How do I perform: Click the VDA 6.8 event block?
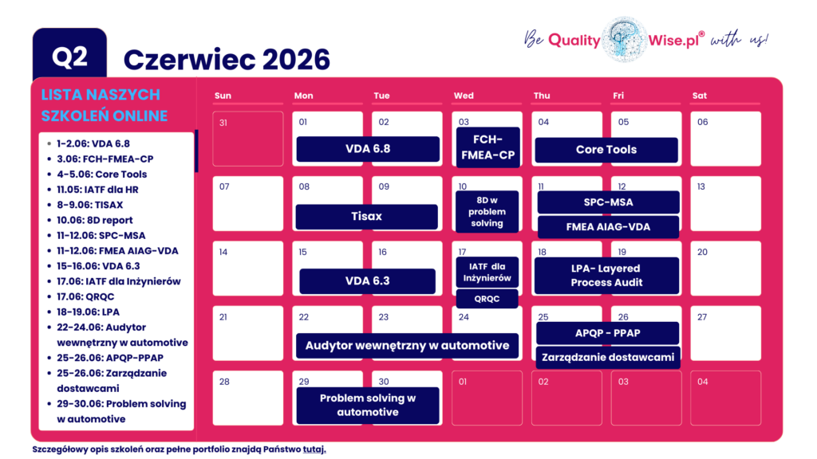click(x=368, y=149)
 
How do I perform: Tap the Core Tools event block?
click(x=606, y=150)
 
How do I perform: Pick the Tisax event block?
click(x=366, y=217)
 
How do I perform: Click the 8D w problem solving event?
click(x=487, y=211)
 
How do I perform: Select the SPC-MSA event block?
click(x=608, y=202)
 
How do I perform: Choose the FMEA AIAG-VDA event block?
click(x=608, y=227)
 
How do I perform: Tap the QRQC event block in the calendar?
click(x=487, y=299)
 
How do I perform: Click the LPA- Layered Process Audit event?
click(x=606, y=276)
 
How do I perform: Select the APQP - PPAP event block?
click(x=608, y=333)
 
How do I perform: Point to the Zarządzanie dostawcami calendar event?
click(x=608, y=357)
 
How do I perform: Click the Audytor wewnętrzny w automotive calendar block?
click(x=407, y=346)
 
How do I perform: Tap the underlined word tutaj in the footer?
click(x=314, y=449)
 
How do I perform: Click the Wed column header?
click(x=464, y=96)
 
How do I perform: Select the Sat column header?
click(x=700, y=96)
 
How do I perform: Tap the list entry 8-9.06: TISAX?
click(x=89, y=205)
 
